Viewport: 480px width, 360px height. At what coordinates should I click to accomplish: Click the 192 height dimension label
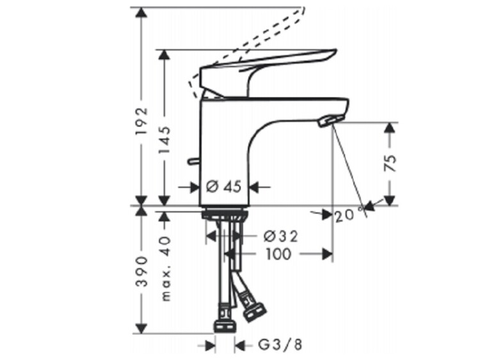point(141,121)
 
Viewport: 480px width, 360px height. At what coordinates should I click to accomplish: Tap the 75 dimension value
point(390,163)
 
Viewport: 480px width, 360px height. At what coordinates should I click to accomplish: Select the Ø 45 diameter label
point(224,186)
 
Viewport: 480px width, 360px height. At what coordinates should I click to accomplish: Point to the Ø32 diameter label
point(280,236)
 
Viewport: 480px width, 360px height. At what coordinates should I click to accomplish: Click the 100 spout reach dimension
point(278,254)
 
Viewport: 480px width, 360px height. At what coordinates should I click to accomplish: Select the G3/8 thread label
point(280,345)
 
